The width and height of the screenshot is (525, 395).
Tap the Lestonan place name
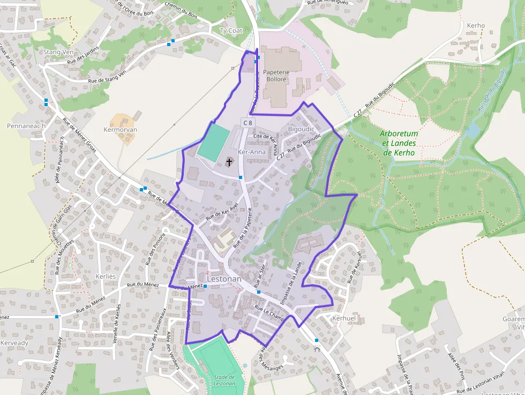(224, 279)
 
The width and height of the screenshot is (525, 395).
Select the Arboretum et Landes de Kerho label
(400, 143)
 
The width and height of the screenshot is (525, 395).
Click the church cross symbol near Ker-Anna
(229, 161)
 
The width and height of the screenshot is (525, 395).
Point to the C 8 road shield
(247, 123)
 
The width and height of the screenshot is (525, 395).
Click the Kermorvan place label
(121, 130)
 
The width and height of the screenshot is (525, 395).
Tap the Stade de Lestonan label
(224, 380)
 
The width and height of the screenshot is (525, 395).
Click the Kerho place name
(476, 25)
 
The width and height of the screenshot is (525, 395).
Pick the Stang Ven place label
(58, 52)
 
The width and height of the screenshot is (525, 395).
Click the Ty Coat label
(231, 31)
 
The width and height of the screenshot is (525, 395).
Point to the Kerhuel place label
(344, 318)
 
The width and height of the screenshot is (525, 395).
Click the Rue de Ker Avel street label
(222, 213)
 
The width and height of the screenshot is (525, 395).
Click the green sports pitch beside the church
(214, 143)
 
